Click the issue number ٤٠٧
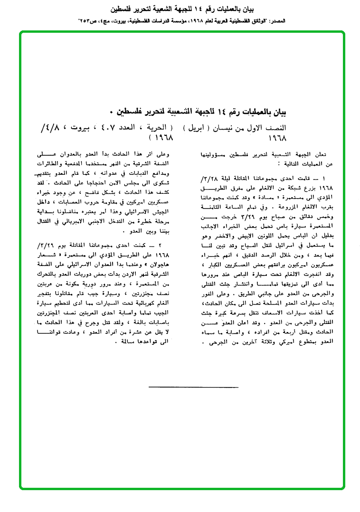103,128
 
